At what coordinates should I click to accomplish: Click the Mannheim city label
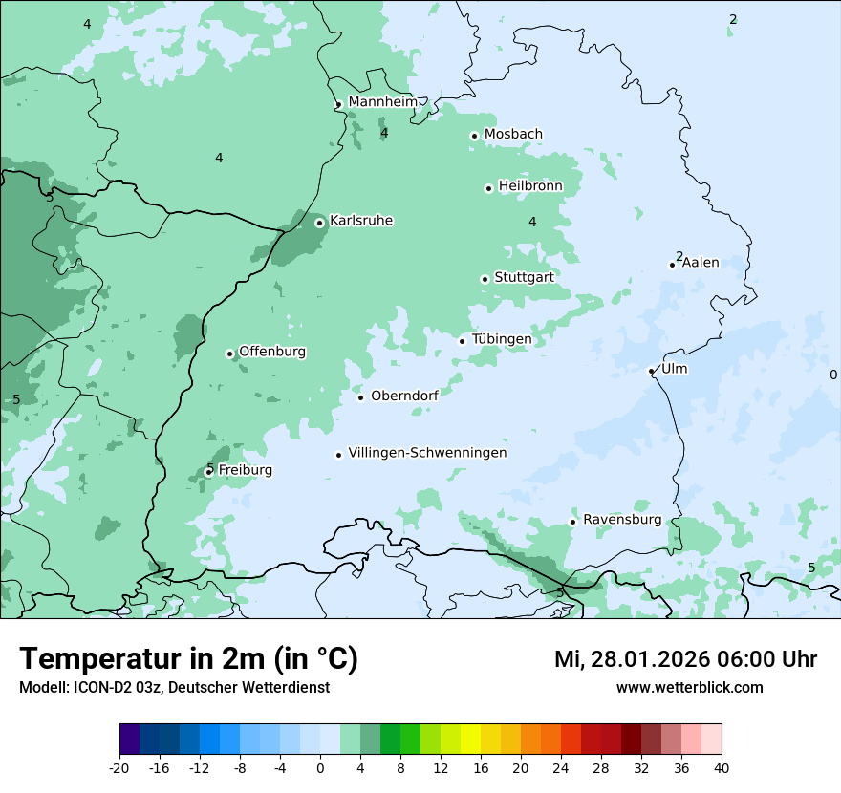pos(382,102)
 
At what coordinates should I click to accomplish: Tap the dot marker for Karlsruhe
pos(320,223)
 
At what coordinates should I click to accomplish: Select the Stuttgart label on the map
pos(524,278)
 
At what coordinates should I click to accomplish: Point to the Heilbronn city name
pos(530,186)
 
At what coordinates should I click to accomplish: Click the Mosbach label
pos(513,135)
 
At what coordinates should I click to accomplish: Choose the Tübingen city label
pos(502,340)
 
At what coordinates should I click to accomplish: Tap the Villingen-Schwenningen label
pos(427,453)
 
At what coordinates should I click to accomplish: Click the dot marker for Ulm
pos(652,371)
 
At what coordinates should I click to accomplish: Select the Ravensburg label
pos(622,520)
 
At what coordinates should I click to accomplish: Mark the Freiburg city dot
pos(208,471)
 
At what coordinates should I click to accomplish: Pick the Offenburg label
pos(272,352)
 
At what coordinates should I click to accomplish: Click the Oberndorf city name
pos(404,396)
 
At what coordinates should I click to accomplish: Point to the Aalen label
pos(701,263)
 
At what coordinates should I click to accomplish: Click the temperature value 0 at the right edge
pos(833,375)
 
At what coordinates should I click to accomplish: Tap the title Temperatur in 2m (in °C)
pos(188,658)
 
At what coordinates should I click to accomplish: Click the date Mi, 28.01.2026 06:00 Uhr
pos(685,659)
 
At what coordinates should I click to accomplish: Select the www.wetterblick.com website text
pos(689,687)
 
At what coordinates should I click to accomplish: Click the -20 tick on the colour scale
pos(119,767)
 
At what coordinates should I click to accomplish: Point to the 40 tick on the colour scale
pos(722,767)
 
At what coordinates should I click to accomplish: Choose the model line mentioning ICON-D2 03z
pos(174,687)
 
